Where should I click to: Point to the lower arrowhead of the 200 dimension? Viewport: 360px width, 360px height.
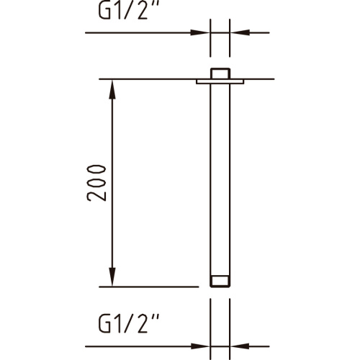tap(112, 278)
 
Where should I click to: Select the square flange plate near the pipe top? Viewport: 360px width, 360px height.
tap(220, 82)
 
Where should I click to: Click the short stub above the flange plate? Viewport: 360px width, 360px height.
tap(220, 73)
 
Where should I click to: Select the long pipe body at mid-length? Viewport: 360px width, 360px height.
tap(220, 180)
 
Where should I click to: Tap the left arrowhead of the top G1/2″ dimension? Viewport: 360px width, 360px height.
tap(202, 32)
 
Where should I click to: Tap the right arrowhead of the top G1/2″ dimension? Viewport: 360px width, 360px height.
tap(237, 32)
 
